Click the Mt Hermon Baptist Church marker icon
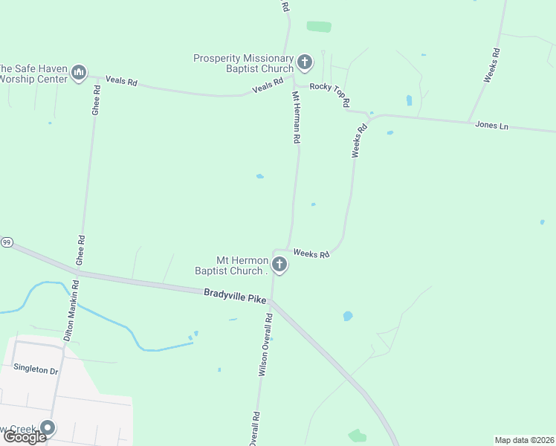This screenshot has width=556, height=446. pos(279,264)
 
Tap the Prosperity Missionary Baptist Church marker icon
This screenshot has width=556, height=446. pos(304,62)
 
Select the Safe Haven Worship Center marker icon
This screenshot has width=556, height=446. pos(80,72)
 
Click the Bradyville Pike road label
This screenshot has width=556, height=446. pos(235,296)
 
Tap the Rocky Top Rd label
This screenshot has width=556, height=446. pos(330,96)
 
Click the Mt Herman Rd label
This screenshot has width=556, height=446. pos(295,117)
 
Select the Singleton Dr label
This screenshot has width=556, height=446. pos(35,369)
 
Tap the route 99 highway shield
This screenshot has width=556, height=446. pos(6,242)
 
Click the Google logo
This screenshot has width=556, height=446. pos(25,437)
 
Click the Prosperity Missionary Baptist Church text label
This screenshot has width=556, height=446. pos(243,63)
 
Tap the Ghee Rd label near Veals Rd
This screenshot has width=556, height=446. pos(96,99)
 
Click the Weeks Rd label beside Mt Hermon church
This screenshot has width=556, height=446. pos(311,253)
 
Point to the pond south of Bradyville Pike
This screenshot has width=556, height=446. pos(347,316)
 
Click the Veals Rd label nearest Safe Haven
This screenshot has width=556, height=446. pos(121,80)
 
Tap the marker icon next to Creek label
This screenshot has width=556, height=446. pos(48,427)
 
